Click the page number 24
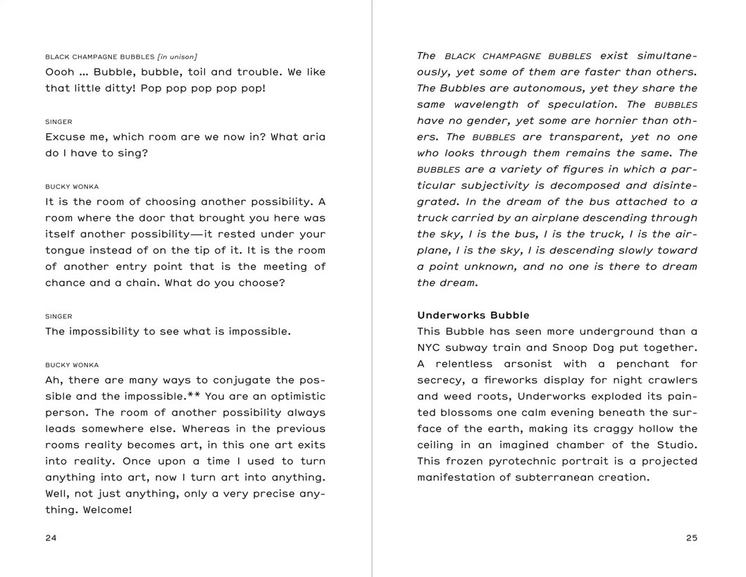51,538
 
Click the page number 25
691,538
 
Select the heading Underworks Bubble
473,315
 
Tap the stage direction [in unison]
178,56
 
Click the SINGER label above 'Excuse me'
58,122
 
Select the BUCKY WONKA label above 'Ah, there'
72,365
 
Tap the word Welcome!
107,509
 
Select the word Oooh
60,72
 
